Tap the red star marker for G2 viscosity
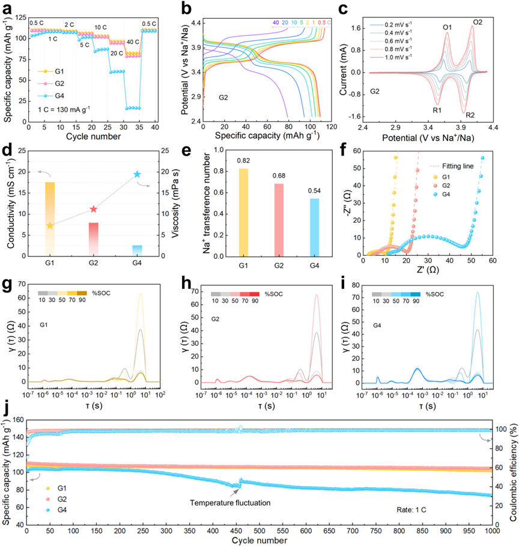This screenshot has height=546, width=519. (93, 209)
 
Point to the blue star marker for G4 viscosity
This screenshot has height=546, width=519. (137, 174)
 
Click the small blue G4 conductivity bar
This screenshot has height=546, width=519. (137, 250)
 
